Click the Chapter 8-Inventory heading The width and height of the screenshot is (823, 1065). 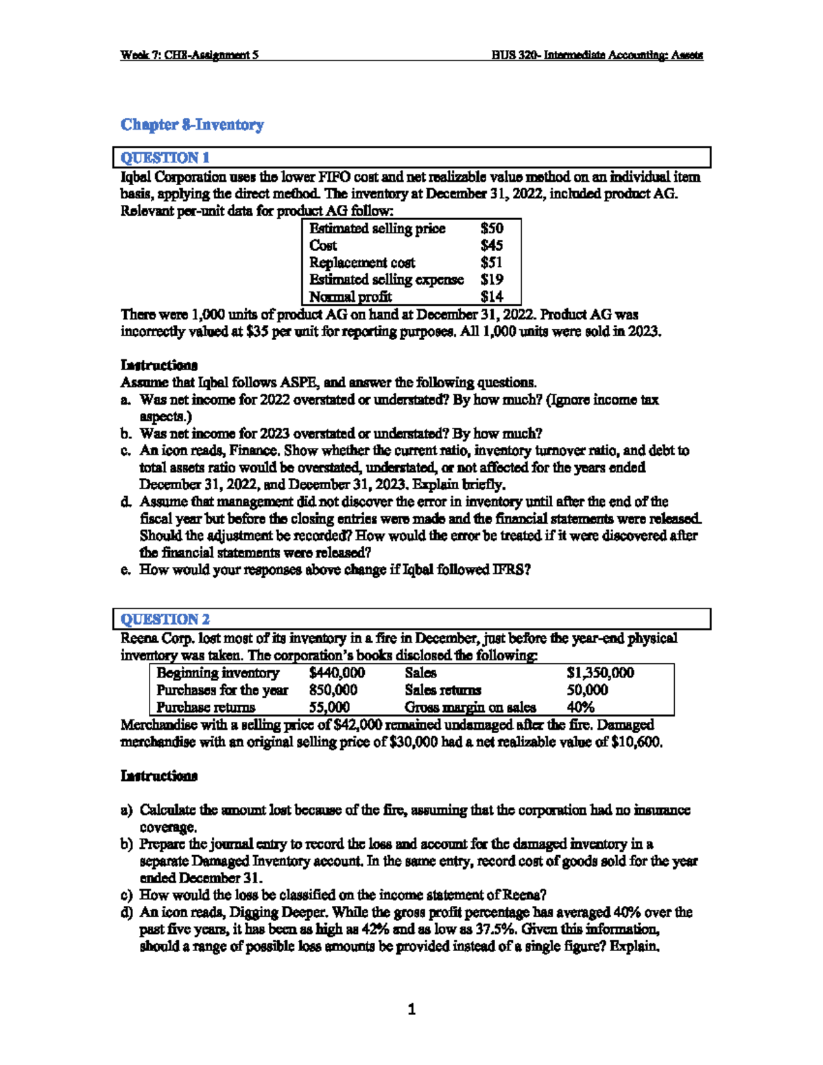click(x=192, y=125)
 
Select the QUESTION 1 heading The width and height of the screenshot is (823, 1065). click(x=165, y=158)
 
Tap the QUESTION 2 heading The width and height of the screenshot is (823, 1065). click(x=165, y=619)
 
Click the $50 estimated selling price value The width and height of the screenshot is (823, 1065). click(x=492, y=228)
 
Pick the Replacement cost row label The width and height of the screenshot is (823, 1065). click(x=361, y=263)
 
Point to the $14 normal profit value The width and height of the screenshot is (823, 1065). click(x=492, y=296)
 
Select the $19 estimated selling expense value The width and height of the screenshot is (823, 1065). click(x=492, y=280)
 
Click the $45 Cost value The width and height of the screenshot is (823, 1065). click(x=492, y=246)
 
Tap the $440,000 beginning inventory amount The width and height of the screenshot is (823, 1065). click(x=337, y=673)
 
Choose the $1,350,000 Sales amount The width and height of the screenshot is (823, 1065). click(x=600, y=673)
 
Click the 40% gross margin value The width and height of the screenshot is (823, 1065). click(x=580, y=707)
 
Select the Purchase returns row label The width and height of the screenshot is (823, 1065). click(x=205, y=707)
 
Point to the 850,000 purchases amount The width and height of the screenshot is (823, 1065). click(x=333, y=690)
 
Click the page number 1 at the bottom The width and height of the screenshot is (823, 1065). click(x=411, y=1009)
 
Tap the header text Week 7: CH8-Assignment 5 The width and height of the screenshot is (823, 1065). click(x=189, y=56)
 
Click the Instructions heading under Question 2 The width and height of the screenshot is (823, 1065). click(x=159, y=776)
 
